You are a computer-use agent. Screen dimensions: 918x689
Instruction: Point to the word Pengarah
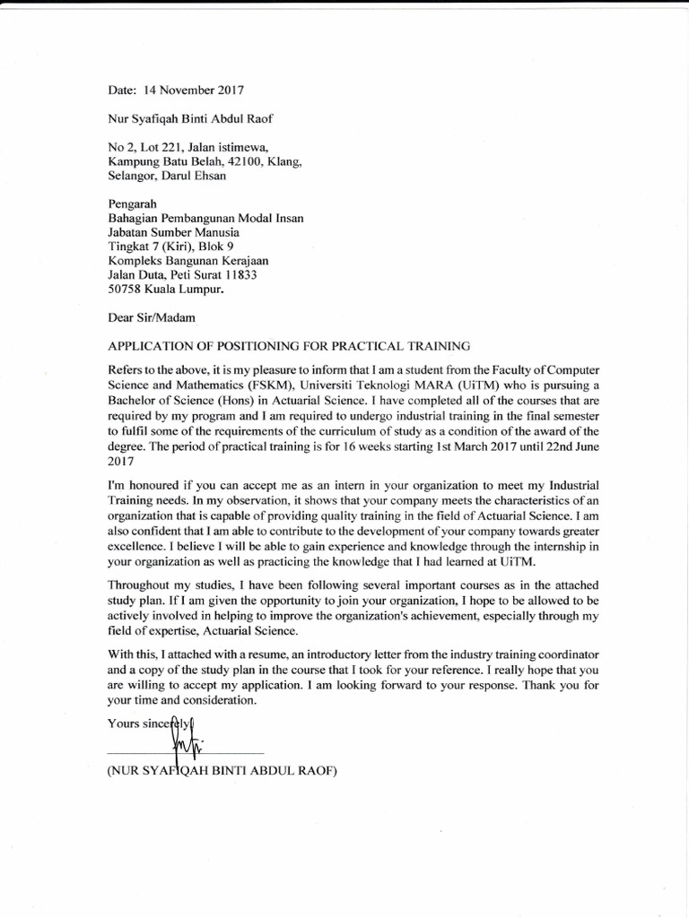pyautogui.click(x=132, y=204)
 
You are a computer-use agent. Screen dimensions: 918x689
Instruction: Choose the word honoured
pyautogui.click(x=158, y=486)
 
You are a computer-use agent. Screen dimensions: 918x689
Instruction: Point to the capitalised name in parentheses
pyautogui.click(x=222, y=771)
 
